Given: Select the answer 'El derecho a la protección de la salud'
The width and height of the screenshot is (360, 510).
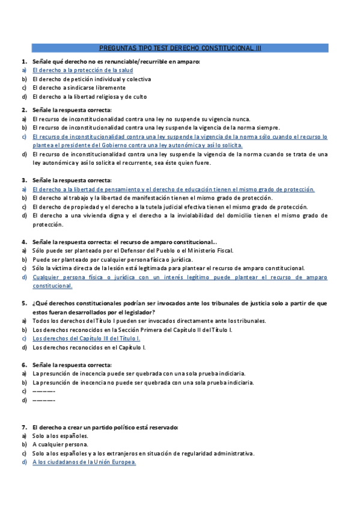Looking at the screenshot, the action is click(x=82, y=70).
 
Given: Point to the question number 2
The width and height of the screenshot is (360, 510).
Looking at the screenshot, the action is click(x=24, y=110).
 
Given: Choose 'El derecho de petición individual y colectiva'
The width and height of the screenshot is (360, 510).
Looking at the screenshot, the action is click(x=91, y=79).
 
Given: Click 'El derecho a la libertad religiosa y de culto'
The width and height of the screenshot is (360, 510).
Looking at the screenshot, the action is click(x=90, y=96).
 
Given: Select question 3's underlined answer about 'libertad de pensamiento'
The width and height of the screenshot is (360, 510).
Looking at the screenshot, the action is click(x=173, y=189).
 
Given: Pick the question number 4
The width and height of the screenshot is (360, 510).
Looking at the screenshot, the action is click(x=24, y=242).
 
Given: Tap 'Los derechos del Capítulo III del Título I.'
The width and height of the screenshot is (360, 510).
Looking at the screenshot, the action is click(x=87, y=339).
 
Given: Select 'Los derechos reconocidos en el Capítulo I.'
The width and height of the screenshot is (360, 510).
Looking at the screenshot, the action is click(x=89, y=347).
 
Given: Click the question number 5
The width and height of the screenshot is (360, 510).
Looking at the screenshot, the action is click(x=24, y=304).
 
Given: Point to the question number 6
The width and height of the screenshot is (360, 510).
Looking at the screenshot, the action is click(x=24, y=365).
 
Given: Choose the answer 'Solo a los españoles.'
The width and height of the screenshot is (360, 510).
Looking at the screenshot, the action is click(x=60, y=435).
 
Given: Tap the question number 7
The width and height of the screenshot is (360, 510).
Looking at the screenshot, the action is click(x=24, y=426).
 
